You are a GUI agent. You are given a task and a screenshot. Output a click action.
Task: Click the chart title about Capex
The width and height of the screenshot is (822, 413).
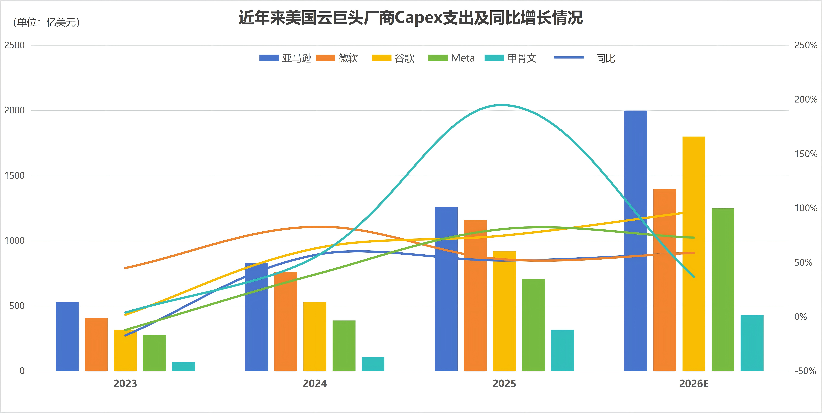point(411,18)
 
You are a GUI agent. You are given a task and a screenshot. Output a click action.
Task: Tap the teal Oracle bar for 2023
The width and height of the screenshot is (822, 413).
point(183,366)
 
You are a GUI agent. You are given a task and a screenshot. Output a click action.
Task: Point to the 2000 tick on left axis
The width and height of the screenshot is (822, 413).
point(14,110)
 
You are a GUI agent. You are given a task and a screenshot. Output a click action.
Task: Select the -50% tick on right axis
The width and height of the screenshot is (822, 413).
point(805,371)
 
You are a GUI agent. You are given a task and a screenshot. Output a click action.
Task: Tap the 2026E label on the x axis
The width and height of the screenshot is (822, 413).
point(694,383)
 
